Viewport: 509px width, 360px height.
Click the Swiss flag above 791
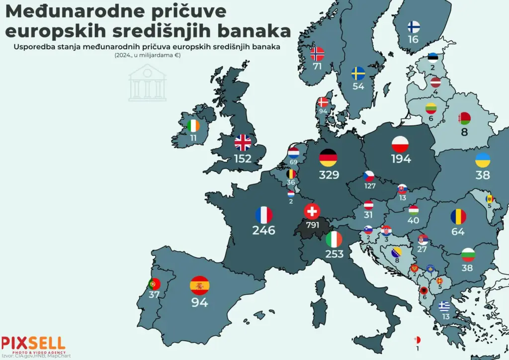[x=312, y=211]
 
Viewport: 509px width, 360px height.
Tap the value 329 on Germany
[x=329, y=175]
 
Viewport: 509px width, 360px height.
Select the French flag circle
[x=264, y=215]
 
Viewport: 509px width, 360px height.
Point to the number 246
[x=264, y=231]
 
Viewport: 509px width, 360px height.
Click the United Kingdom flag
[x=243, y=143]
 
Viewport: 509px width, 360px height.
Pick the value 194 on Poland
[x=401, y=159]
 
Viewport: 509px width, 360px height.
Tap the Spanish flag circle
[x=199, y=286]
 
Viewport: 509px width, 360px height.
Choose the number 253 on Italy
[x=334, y=255]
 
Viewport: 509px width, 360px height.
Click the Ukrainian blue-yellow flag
[x=483, y=160]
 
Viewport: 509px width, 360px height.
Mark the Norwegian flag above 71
[x=317, y=54]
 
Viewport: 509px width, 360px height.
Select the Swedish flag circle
[x=358, y=74]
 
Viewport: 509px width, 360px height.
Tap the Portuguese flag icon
[x=154, y=284]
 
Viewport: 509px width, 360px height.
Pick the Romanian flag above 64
[x=458, y=217]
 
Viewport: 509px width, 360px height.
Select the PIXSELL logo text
[x=33, y=343]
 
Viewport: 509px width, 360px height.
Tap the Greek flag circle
[x=444, y=306]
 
